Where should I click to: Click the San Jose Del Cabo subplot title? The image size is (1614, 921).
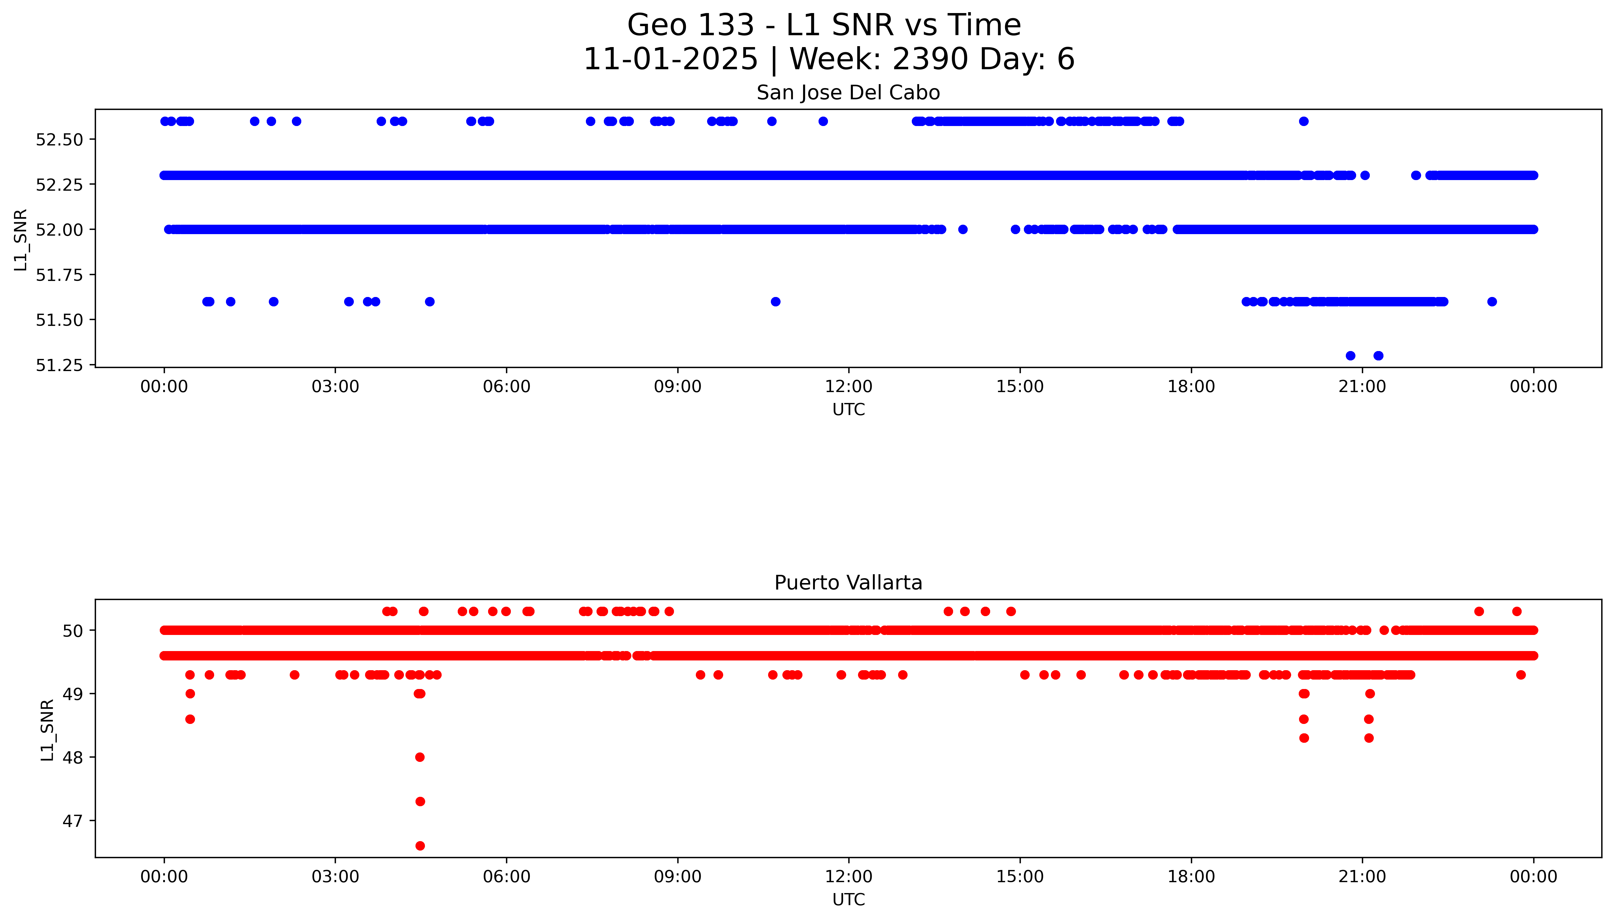point(848,93)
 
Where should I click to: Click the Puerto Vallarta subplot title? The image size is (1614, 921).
point(848,583)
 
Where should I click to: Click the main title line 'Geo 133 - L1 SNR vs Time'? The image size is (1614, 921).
point(824,25)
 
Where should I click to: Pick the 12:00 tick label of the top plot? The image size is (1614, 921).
point(848,387)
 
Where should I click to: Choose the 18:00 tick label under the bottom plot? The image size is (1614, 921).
point(1191,877)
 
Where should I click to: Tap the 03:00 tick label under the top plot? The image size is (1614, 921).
point(335,387)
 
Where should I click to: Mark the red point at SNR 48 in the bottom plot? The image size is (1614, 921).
point(419,757)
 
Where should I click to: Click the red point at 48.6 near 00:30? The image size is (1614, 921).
point(190,719)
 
